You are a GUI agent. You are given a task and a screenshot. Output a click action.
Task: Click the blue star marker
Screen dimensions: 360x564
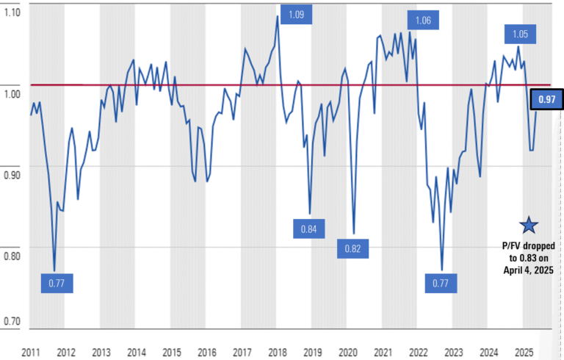[529, 226]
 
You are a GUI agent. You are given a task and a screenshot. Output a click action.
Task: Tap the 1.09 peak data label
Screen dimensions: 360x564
[295, 15]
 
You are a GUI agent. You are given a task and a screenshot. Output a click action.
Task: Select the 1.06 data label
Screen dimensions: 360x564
[423, 21]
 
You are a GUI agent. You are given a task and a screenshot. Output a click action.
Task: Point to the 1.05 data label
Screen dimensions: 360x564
[521, 34]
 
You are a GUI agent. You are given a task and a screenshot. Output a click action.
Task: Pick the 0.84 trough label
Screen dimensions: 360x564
[308, 229]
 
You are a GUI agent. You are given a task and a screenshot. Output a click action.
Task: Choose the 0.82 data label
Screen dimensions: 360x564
[353, 248]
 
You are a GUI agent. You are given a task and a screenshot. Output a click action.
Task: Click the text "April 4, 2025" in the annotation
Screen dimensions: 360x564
[529, 270]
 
